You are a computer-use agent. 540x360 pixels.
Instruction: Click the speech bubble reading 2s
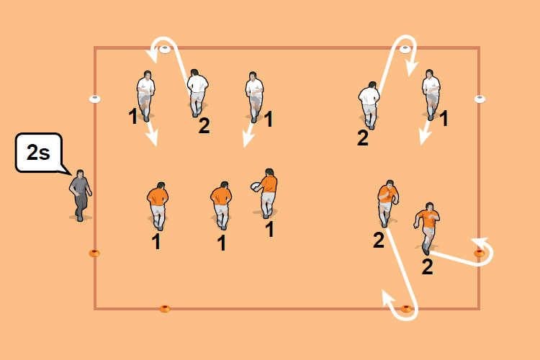click(x=38, y=154)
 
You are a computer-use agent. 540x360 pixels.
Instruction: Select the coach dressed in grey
click(x=81, y=194)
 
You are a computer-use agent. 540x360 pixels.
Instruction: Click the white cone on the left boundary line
click(x=94, y=99)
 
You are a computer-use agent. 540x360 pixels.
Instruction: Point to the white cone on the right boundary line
click(x=480, y=99)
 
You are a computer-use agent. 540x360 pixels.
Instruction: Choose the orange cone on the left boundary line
click(x=94, y=253)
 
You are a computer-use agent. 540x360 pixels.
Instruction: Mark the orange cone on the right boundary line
click(x=480, y=253)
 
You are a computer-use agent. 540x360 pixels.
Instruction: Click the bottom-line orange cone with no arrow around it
click(x=165, y=309)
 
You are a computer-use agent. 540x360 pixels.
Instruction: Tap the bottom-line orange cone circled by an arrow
click(x=406, y=309)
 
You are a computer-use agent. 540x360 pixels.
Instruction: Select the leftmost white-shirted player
click(x=146, y=94)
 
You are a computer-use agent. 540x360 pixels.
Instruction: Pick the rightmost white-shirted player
click(x=431, y=94)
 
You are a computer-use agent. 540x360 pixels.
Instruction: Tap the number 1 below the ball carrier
click(x=270, y=229)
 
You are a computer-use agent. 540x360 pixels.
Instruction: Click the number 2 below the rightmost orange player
click(x=427, y=267)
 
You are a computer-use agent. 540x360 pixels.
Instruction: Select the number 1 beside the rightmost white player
click(x=444, y=118)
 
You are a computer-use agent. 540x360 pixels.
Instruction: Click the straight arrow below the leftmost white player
click(x=150, y=132)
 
